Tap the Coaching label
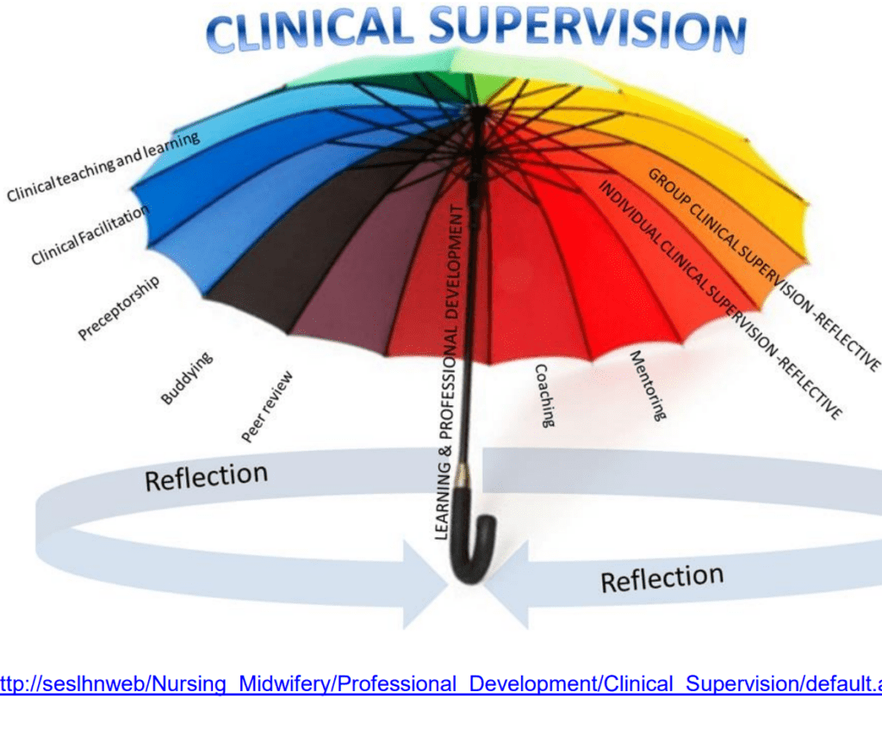pos(545,395)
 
